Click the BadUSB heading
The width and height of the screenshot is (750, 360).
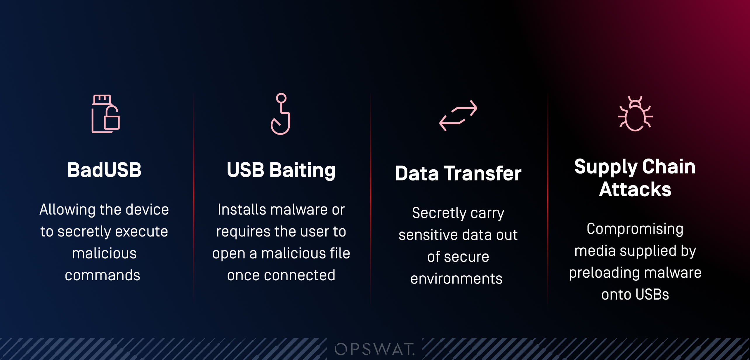pos(104,170)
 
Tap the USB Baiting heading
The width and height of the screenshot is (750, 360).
pos(281,170)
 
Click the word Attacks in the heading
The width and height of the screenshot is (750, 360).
pos(635,189)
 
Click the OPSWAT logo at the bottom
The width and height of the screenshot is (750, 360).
pos(375,349)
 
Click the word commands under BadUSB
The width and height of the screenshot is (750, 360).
pos(103,275)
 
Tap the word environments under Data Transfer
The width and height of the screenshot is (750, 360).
pos(456,279)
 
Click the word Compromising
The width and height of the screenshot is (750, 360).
pos(635,229)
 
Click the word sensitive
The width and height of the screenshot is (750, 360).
pos(428,235)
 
